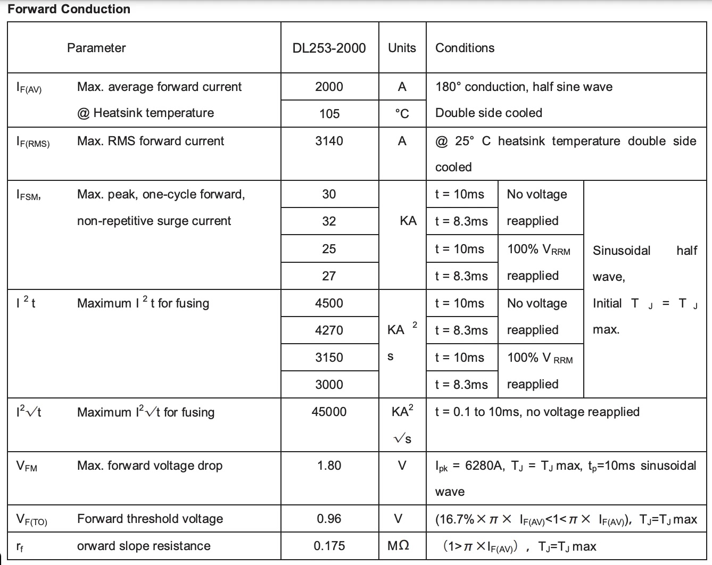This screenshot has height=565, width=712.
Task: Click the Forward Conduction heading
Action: click(x=69, y=9)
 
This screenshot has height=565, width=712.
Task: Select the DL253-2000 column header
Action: click(x=329, y=48)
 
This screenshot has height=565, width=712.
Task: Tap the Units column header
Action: click(x=402, y=48)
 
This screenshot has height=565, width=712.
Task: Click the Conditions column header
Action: click(x=465, y=48)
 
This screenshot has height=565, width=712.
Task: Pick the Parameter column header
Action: click(x=96, y=48)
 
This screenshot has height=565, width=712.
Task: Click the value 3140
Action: click(x=329, y=141)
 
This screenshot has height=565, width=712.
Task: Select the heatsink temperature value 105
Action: click(x=329, y=114)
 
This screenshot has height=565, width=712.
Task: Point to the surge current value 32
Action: click(x=329, y=221)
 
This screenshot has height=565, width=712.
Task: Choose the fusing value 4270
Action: click(x=329, y=330)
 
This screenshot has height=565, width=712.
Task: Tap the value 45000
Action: click(x=329, y=412)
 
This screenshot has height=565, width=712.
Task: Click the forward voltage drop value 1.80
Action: click(x=329, y=466)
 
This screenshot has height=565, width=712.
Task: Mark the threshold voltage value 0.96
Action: click(x=329, y=519)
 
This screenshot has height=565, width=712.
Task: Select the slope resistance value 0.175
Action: click(x=329, y=546)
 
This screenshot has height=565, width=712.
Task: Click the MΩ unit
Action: click(x=398, y=546)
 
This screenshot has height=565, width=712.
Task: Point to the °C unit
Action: click(x=402, y=114)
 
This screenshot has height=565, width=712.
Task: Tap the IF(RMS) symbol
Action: click(x=33, y=142)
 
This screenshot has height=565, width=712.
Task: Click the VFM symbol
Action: click(x=27, y=467)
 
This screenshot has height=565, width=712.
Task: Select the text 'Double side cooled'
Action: click(x=489, y=113)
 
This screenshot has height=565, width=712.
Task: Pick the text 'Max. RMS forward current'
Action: click(x=151, y=141)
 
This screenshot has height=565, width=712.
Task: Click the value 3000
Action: click(x=329, y=385)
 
